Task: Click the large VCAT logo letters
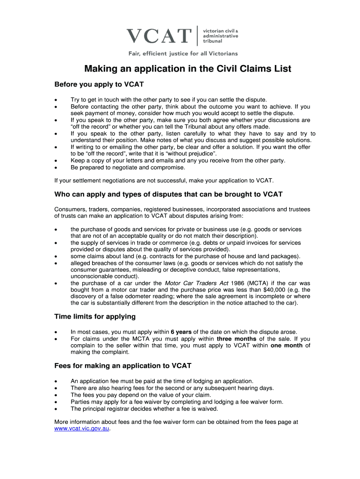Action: [x=159, y=36]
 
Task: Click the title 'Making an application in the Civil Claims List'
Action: [x=187, y=69]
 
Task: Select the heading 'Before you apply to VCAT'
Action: [x=99, y=85]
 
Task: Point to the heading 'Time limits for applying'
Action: [x=95, y=317]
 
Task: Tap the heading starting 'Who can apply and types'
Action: [x=168, y=194]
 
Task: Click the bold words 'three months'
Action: [x=237, y=339]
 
